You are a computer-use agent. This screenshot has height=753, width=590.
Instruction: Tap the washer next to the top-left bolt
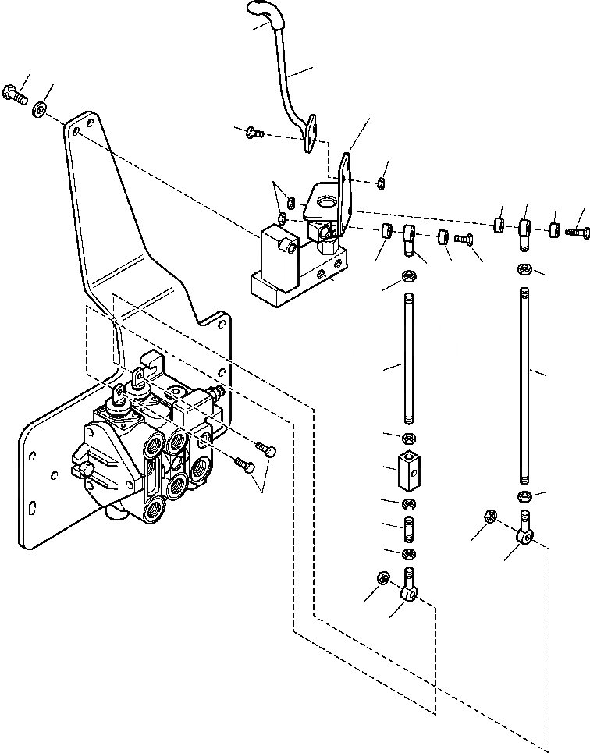point(39,110)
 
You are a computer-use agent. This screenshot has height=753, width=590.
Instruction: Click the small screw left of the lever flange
point(254,133)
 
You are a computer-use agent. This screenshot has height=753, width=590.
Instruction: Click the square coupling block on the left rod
point(409,468)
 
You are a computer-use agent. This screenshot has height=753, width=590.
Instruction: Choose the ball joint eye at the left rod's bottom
point(410,590)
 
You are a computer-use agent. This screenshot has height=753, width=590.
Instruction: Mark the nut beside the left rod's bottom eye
point(383,578)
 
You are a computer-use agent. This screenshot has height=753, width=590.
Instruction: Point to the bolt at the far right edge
point(578,231)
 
